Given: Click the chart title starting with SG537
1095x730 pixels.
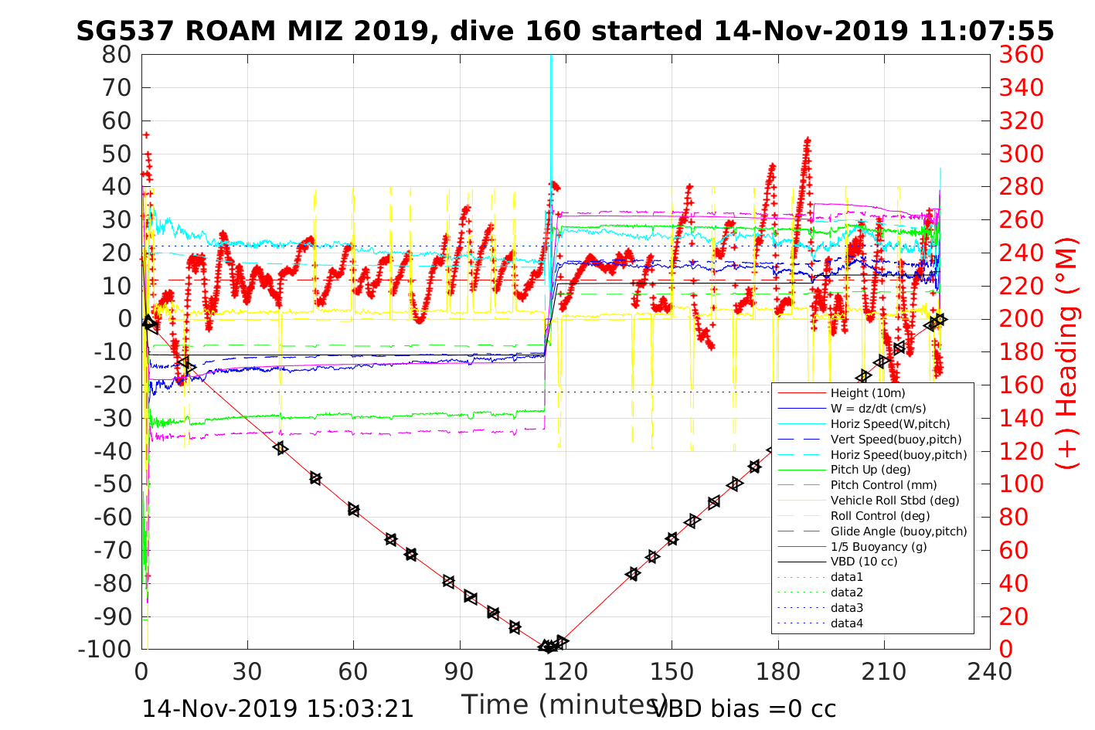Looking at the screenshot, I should [x=565, y=31].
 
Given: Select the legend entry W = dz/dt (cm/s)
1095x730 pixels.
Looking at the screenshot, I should [x=878, y=409].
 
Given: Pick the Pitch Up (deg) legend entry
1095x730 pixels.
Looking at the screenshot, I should [x=870, y=470].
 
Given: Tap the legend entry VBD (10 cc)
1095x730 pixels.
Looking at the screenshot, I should [x=864, y=562].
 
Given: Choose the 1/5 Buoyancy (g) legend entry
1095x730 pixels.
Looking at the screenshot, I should [x=879, y=546].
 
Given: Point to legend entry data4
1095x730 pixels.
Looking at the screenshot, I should [x=846, y=623].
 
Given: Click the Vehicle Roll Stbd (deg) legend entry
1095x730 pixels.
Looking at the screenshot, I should [x=895, y=501].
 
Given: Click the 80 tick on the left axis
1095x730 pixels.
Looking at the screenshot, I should [x=117, y=55].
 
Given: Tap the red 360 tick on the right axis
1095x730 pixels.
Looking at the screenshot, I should [x=1021, y=55].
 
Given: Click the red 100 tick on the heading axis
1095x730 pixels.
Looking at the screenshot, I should [x=1021, y=484].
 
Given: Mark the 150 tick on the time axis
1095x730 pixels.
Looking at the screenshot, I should [x=672, y=671].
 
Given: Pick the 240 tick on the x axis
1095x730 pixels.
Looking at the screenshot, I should [x=990, y=671].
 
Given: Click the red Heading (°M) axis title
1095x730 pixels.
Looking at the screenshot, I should [x=1067, y=386].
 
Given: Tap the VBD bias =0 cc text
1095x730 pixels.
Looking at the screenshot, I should [x=744, y=708].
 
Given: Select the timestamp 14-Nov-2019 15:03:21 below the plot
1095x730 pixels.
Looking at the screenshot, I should [x=278, y=708].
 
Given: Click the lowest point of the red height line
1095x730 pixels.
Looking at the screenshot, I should [x=549, y=647].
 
